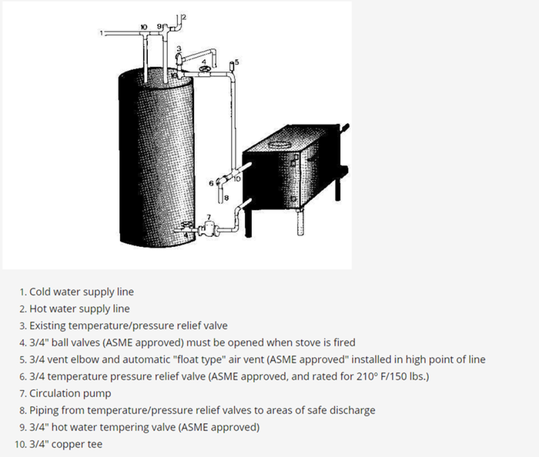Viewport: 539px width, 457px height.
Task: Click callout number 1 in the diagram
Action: click(x=102, y=33)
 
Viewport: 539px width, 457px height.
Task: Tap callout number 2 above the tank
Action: click(x=184, y=17)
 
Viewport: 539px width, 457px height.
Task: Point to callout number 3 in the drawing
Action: click(x=179, y=48)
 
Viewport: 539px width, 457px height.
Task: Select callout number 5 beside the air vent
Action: click(x=237, y=62)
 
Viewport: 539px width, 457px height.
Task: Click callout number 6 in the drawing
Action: click(x=211, y=183)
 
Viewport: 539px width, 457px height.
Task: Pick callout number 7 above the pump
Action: click(x=209, y=217)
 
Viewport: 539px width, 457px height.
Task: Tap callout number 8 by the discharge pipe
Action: click(x=226, y=198)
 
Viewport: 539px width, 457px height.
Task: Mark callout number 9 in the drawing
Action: click(x=159, y=26)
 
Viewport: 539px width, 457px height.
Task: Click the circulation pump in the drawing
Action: click(x=207, y=228)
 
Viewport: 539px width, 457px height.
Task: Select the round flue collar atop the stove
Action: click(x=278, y=145)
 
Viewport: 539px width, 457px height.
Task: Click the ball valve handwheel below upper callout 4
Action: click(x=205, y=70)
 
